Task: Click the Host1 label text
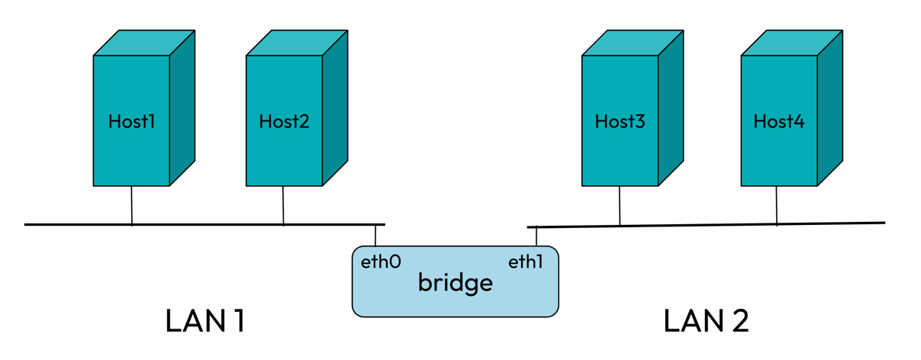131,121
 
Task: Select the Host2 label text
284,121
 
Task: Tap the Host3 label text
620,121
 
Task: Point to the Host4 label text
778,121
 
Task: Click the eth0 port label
381,262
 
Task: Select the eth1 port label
526,262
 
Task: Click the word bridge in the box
455,284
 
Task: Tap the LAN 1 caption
204,321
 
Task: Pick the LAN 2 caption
706,321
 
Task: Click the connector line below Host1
131,205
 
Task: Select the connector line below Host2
283,205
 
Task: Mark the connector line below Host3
620,206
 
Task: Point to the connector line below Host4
777,205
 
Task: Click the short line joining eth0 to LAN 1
375,236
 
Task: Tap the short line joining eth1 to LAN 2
536,237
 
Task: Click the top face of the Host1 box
144,43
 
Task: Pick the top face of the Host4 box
791,43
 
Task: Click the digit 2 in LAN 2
738,321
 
